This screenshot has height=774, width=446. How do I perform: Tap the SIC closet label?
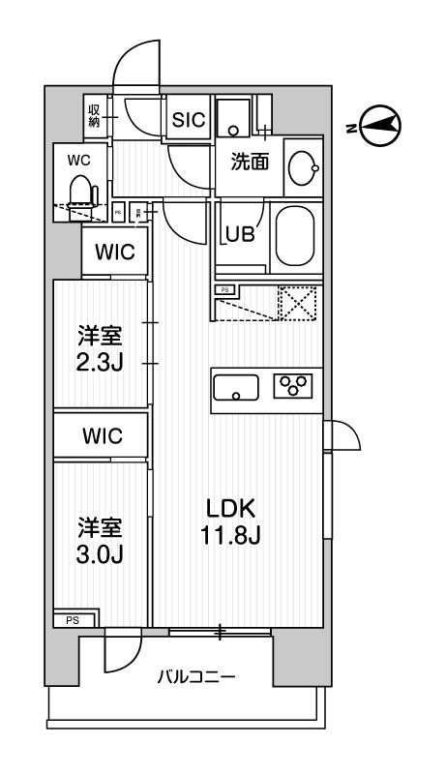pos(187,120)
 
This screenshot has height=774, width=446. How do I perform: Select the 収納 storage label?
pos(96,116)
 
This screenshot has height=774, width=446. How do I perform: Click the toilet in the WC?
pos(82,192)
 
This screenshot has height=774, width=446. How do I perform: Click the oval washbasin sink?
pos(303,169)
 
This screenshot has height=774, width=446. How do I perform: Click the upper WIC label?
pos(114,253)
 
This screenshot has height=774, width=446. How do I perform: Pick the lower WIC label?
pos(102,435)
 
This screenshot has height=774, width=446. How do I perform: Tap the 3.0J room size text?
pos(101,554)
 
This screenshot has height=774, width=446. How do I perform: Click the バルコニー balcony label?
pos(195,677)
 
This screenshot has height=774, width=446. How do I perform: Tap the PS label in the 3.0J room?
pos(73,620)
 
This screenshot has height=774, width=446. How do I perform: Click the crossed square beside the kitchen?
pos(298,304)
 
